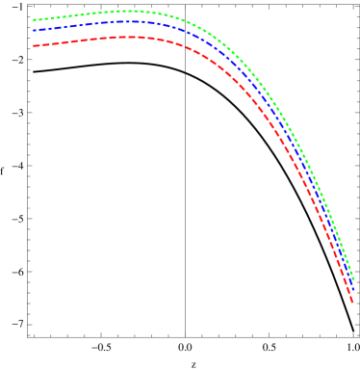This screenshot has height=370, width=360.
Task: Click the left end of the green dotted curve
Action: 34,19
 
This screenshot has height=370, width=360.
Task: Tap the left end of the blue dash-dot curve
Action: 34,31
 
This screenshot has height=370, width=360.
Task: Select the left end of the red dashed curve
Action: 34,45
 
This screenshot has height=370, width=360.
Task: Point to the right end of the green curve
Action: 353,280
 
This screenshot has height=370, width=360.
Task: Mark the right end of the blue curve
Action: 353,289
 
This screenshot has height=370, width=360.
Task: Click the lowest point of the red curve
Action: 352,304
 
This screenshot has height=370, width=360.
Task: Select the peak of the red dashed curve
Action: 130,37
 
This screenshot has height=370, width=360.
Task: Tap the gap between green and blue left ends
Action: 35,25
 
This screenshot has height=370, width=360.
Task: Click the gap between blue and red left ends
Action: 35,39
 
